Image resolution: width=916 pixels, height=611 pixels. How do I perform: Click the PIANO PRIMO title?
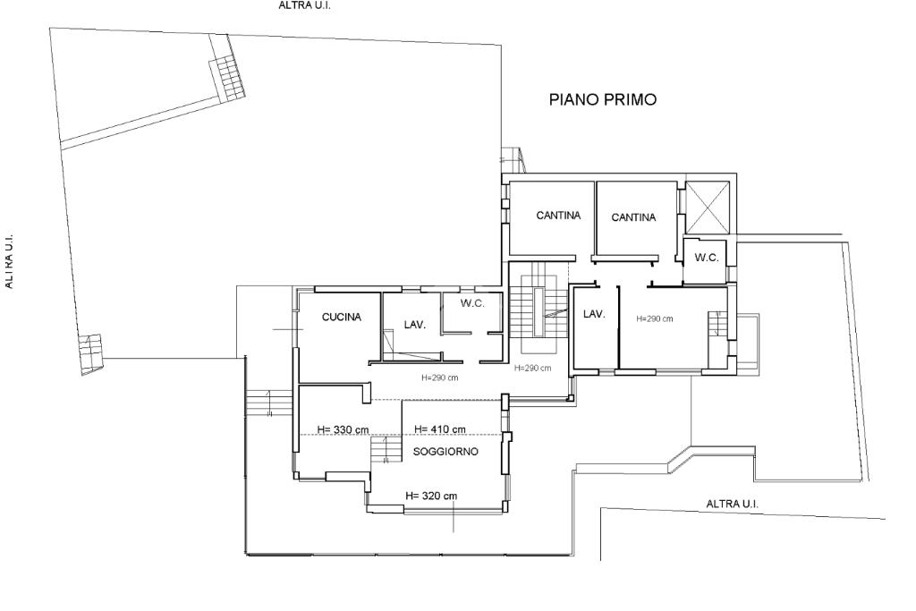[602, 99]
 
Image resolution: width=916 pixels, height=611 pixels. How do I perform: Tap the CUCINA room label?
[342, 318]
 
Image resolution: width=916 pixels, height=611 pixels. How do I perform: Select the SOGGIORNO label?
[445, 452]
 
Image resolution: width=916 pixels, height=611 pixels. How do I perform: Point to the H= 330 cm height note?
[343, 430]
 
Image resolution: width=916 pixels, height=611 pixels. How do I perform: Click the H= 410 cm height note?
[440, 429]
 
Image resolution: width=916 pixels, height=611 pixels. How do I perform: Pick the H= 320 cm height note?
[431, 496]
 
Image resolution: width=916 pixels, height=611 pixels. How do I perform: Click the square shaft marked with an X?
[707, 207]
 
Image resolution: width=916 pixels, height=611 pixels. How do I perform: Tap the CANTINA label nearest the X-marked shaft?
[633, 217]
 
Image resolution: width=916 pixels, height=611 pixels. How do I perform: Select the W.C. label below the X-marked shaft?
[707, 258]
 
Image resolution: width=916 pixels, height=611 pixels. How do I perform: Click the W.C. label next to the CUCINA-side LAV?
[472, 304]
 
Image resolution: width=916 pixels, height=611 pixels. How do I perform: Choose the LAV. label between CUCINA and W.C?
[415, 325]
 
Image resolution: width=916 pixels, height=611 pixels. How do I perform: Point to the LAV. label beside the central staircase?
[594, 314]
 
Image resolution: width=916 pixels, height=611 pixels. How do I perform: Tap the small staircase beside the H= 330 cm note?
[386, 450]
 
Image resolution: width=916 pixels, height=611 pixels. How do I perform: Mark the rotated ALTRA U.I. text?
[8, 262]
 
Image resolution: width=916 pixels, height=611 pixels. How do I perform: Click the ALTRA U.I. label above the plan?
[304, 6]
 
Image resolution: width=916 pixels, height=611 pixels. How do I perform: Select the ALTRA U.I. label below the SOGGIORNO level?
[732, 504]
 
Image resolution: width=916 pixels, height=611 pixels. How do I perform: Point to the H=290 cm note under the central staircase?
[532, 368]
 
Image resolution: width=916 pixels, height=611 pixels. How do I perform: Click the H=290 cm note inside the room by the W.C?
[654, 319]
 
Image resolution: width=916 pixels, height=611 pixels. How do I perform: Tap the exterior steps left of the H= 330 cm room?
[268, 403]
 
